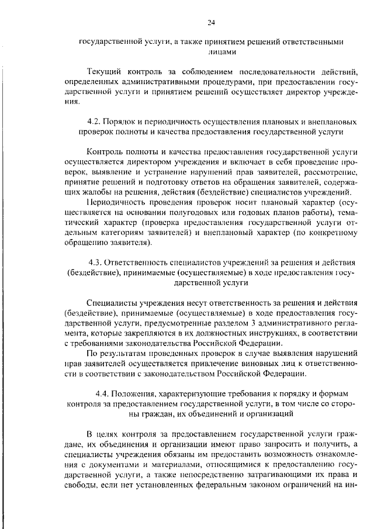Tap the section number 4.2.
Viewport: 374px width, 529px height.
point(93,123)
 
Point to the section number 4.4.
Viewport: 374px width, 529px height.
point(102,394)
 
